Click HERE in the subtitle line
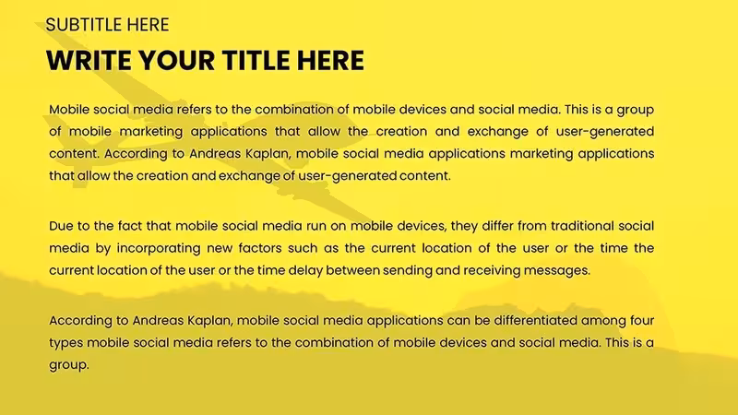148,25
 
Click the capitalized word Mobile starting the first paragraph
69,110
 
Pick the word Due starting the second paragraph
61,226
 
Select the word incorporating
159,249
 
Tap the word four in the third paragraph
641,321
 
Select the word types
66,343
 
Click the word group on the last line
68,365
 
